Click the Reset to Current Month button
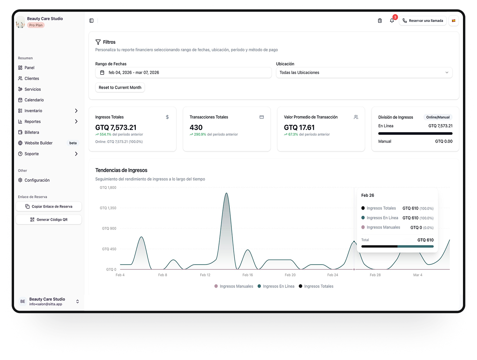click(x=120, y=88)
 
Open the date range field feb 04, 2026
click(x=183, y=73)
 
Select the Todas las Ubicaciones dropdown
click(x=364, y=73)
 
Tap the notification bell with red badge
click(x=392, y=21)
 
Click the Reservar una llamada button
click(x=423, y=21)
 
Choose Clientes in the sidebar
click(x=32, y=79)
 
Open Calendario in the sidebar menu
click(x=34, y=100)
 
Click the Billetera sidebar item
click(x=32, y=133)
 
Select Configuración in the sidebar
click(x=37, y=180)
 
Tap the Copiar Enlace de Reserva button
click(x=49, y=206)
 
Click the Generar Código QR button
click(x=49, y=220)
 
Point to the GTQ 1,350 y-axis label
click(x=108, y=208)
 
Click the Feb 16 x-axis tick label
click(x=248, y=275)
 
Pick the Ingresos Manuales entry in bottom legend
click(x=234, y=286)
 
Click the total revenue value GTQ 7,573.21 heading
click(x=116, y=128)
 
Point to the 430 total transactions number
click(x=196, y=128)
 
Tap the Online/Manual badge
click(x=438, y=117)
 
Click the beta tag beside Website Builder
click(x=73, y=143)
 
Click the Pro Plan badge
click(x=36, y=25)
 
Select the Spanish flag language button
click(x=454, y=21)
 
